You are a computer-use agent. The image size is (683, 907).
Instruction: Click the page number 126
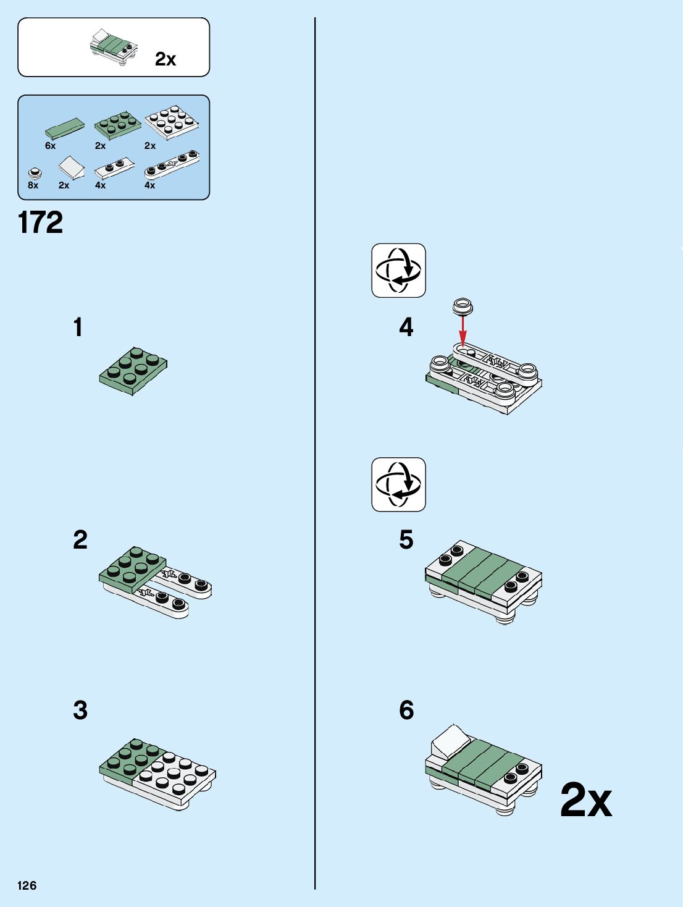pyautogui.click(x=27, y=885)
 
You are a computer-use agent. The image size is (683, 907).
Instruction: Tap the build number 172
pyautogui.click(x=41, y=222)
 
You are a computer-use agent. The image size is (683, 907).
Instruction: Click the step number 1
pyautogui.click(x=78, y=327)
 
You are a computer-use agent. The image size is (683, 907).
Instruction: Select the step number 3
pyautogui.click(x=80, y=710)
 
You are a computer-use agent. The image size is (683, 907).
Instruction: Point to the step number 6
pyautogui.click(x=406, y=710)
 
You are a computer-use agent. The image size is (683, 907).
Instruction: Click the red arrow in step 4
pyautogui.click(x=463, y=331)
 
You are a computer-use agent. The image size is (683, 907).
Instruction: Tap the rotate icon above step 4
pyautogui.click(x=398, y=270)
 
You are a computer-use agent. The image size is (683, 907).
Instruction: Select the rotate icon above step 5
pyautogui.click(x=398, y=484)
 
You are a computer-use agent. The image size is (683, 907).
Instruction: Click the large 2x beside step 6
pyautogui.click(x=586, y=800)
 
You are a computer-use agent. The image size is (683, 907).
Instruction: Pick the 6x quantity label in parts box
pyautogui.click(x=51, y=146)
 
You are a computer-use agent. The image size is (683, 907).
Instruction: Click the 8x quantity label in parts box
pyautogui.click(x=33, y=185)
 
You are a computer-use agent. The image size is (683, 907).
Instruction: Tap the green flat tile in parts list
pyautogui.click(x=65, y=128)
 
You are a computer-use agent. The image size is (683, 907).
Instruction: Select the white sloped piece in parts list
pyautogui.click(x=72, y=167)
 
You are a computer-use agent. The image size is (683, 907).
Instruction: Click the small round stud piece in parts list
pyautogui.click(x=35, y=173)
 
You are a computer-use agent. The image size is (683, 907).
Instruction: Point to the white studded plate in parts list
pyautogui.click(x=172, y=122)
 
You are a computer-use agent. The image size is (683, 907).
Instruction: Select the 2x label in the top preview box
pyautogui.click(x=166, y=59)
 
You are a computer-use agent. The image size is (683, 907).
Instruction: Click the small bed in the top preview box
pyautogui.click(x=114, y=47)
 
